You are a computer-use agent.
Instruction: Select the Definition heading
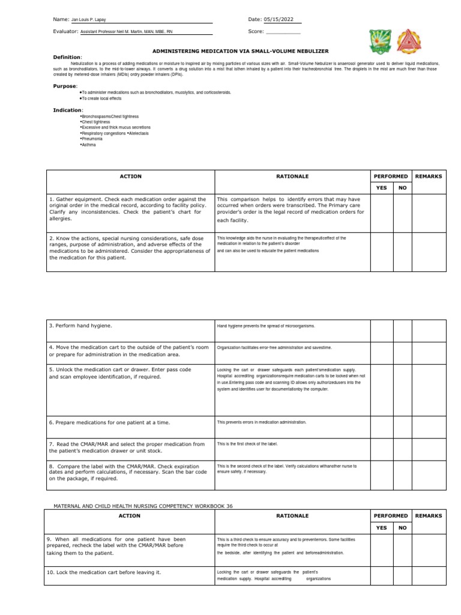[x=67, y=57]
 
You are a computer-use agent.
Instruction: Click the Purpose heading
[x=65, y=86]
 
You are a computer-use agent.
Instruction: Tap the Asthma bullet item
[x=88, y=145]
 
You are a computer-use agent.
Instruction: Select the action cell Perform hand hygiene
[x=81, y=326]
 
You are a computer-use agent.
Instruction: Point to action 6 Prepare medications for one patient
[x=110, y=422]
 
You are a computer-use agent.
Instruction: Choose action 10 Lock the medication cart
[x=104, y=572]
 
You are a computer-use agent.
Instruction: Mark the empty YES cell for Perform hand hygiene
[x=381, y=330]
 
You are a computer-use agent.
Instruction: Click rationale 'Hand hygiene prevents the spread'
[x=266, y=326]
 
